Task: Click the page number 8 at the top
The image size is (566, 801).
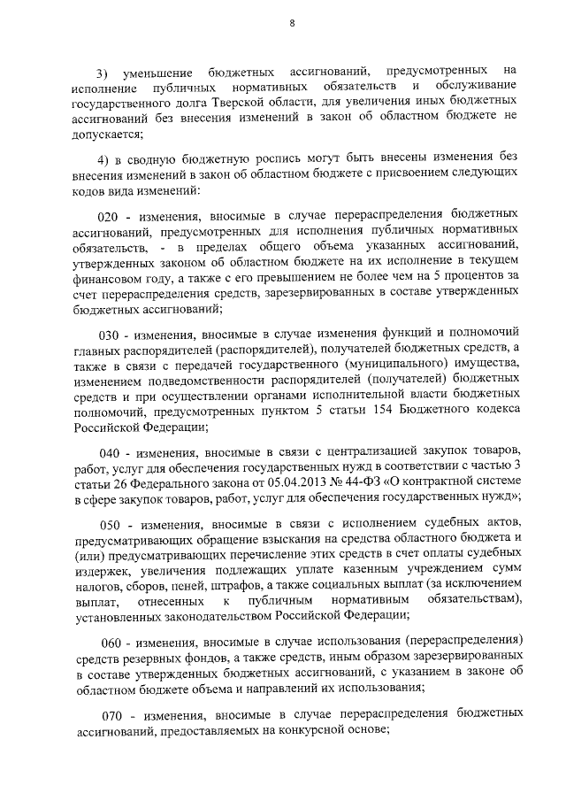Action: pyautogui.click(x=293, y=24)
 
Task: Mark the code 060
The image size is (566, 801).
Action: pyautogui.click(x=111, y=639)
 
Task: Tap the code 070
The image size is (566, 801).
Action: pyautogui.click(x=111, y=712)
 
